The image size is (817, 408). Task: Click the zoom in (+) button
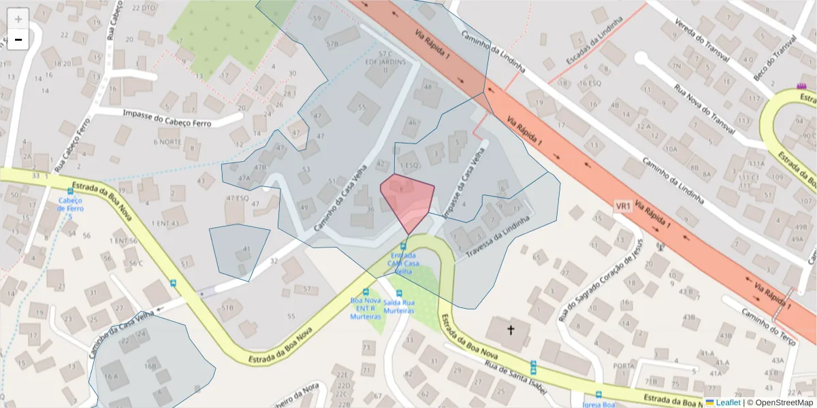click(x=18, y=18)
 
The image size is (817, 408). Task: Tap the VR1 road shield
click(x=623, y=205)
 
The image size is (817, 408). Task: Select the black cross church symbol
click(x=511, y=330)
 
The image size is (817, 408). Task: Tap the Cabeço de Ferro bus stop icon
click(x=70, y=192)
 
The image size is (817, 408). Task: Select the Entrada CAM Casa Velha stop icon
click(x=404, y=246)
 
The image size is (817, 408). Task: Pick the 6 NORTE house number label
click(x=167, y=141)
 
